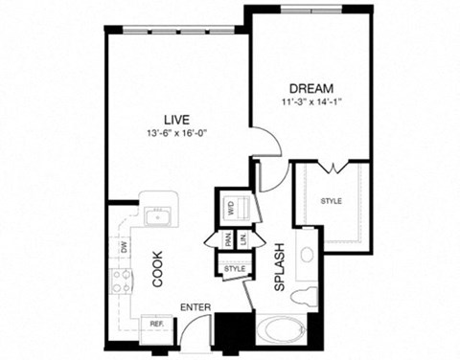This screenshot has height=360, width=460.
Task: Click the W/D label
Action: click(x=231, y=207)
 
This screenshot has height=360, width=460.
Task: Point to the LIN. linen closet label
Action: click(x=244, y=241)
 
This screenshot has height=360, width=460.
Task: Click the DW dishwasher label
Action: click(x=123, y=247)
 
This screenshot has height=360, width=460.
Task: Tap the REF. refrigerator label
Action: click(x=156, y=325)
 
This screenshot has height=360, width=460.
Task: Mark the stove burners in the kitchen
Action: click(x=122, y=281)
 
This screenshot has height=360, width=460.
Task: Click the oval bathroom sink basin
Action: click(x=306, y=256)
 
